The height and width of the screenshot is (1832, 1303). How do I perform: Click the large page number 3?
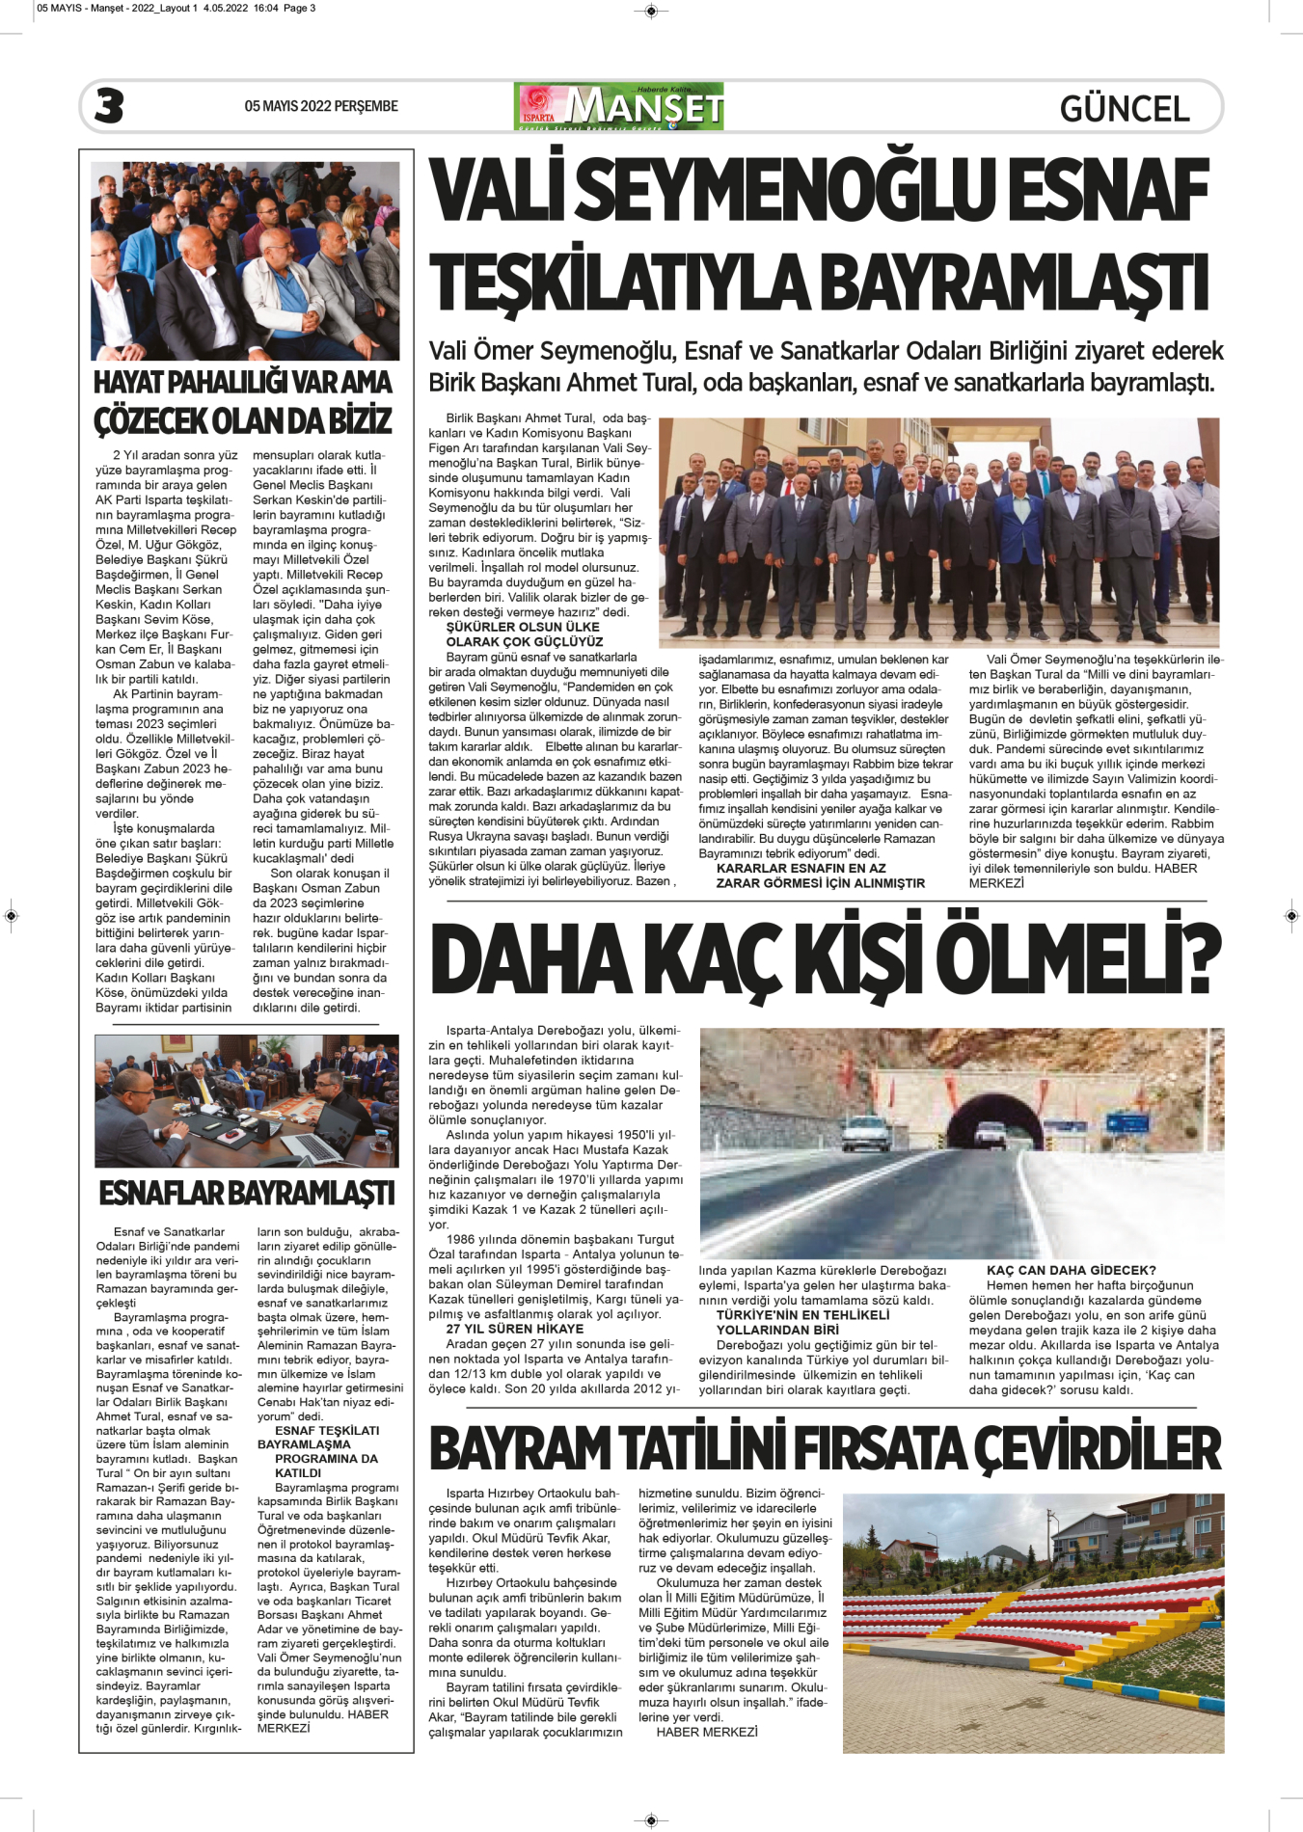tap(109, 106)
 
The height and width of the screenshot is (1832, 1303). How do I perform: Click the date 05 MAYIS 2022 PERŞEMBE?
tap(321, 106)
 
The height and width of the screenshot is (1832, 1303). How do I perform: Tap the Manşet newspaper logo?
tap(619, 107)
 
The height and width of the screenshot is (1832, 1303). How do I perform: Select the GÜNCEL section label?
tap(1125, 108)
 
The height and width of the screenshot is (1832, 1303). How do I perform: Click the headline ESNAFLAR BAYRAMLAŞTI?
tap(247, 1194)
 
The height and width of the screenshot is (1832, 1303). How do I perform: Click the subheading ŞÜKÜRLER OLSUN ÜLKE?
tap(523, 627)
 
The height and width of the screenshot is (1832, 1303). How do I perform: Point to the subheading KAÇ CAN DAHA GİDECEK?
tap(1071, 1270)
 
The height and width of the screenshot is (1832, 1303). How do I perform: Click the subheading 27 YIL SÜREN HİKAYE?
tap(515, 1329)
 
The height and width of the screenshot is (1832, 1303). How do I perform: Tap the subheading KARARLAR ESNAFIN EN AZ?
tap(801, 868)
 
